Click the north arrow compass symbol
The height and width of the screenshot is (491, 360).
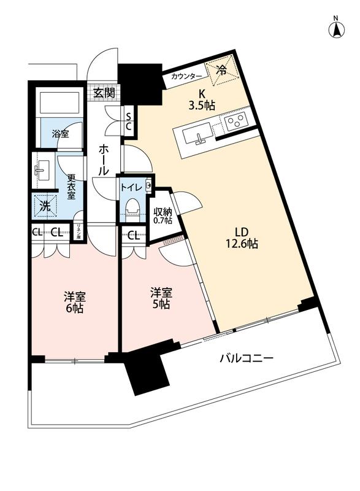(336, 29)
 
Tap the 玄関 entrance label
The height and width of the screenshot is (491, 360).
(104, 93)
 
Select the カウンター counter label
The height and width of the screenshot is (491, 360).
(186, 76)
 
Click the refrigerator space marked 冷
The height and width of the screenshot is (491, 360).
(222, 70)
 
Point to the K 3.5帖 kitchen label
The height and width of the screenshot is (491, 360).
(202, 99)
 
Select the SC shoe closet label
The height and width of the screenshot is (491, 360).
(129, 122)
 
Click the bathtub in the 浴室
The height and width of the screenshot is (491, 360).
(59, 101)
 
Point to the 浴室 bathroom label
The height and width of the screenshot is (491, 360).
(60, 134)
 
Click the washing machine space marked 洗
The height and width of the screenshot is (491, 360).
(45, 206)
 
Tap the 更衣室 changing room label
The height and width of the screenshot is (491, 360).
(71, 187)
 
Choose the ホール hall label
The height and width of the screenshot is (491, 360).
(104, 160)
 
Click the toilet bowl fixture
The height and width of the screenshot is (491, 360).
(131, 207)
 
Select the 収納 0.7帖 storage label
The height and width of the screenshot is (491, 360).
(163, 215)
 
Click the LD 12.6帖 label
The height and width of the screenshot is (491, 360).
(242, 238)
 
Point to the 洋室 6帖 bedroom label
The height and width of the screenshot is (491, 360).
(74, 302)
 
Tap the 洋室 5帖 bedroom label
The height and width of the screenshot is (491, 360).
(161, 298)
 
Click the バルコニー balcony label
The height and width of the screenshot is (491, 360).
(247, 358)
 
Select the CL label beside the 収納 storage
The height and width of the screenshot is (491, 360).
(134, 236)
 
